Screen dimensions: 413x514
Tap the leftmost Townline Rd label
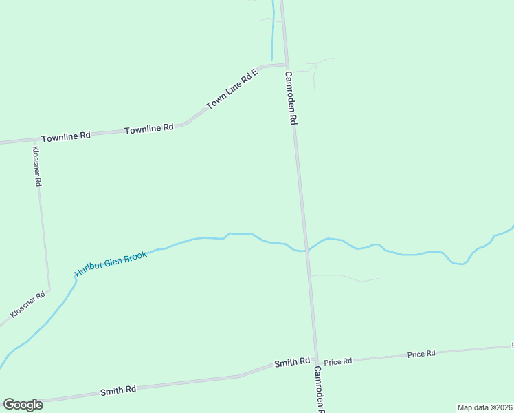point(66,136)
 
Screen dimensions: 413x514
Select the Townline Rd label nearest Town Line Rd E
point(148,129)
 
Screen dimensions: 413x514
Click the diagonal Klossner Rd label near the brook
point(28,305)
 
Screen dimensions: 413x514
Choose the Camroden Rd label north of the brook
point(291,98)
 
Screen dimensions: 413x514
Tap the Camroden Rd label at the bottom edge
point(320,389)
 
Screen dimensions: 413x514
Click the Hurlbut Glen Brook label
point(111,260)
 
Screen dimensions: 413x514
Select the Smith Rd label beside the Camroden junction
point(292,362)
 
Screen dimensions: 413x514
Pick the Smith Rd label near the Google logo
point(118,390)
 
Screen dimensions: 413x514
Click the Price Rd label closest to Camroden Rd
point(338,361)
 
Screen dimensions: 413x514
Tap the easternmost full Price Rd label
point(421,354)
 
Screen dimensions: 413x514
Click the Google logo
point(23,405)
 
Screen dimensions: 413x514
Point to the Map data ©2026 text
point(484,407)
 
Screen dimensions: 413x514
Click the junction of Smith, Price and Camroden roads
point(316,360)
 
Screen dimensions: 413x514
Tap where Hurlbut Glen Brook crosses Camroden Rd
point(306,251)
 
